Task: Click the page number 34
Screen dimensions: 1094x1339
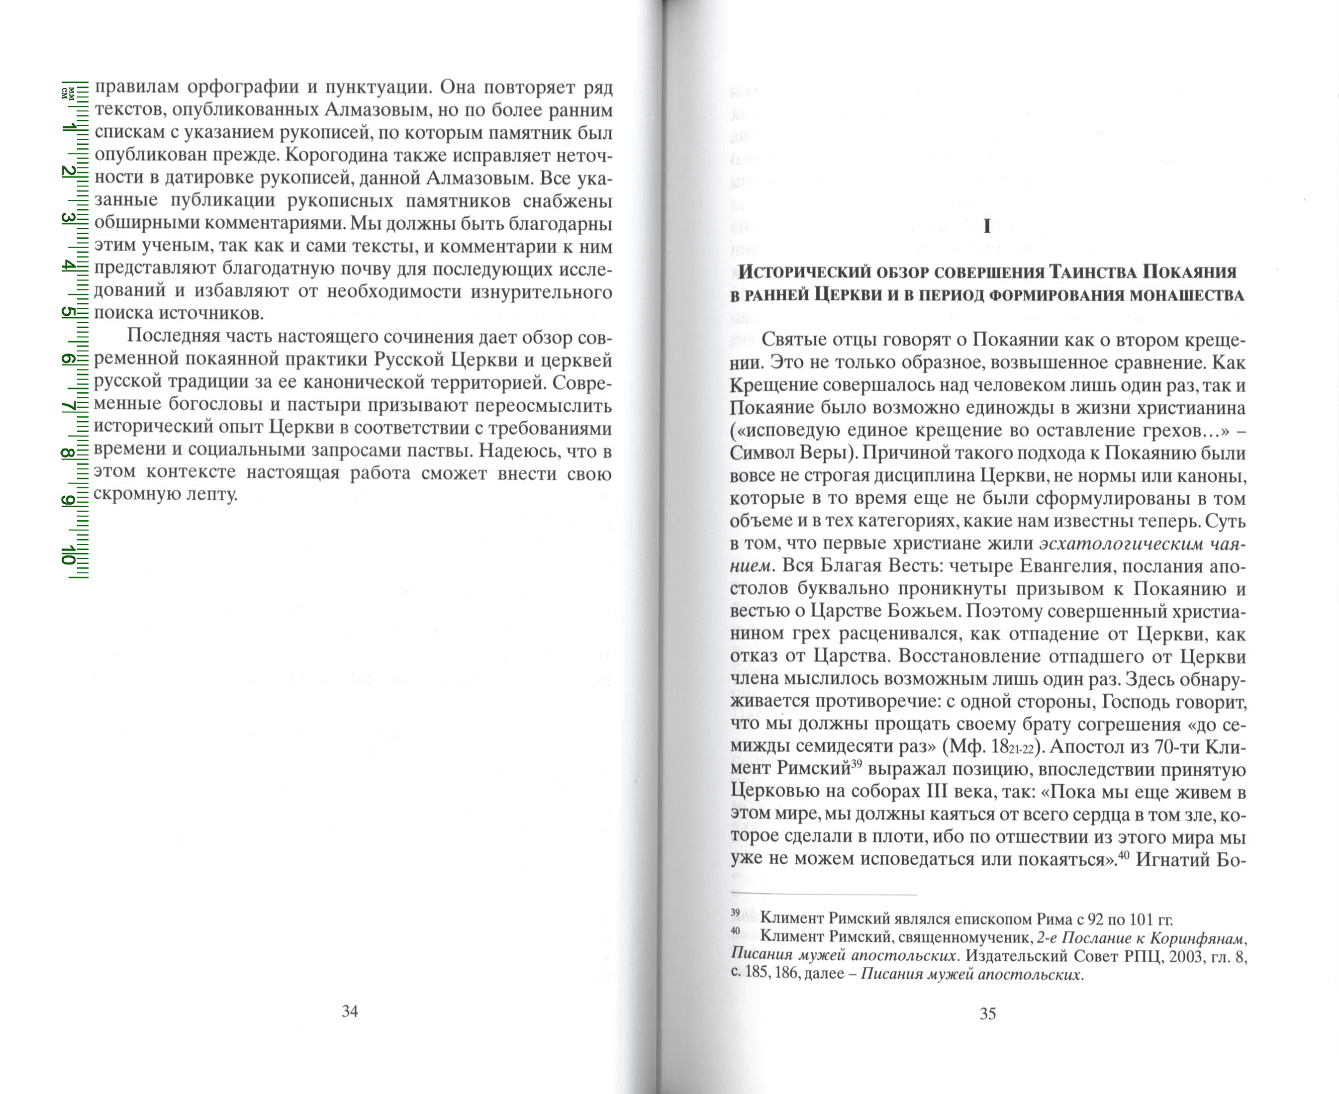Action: pos(350,1011)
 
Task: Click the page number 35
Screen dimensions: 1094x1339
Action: pos(988,1014)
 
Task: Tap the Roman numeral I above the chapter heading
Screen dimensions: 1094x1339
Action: pos(987,227)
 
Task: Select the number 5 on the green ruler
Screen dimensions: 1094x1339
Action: pos(67,313)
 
